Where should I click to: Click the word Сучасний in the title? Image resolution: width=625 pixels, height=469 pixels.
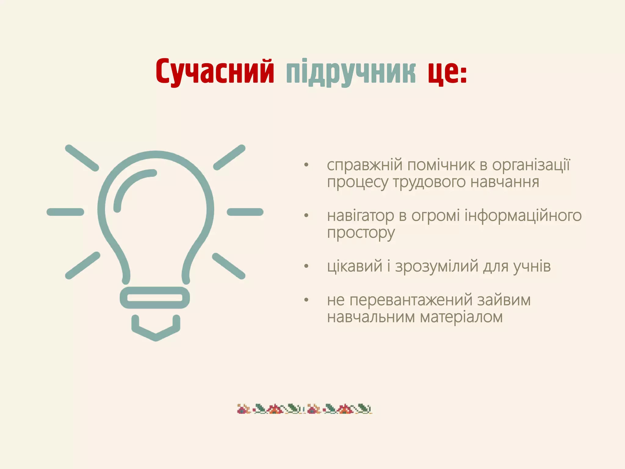215,71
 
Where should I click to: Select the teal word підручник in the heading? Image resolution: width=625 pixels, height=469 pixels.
351,73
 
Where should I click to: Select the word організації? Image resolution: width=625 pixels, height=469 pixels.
531,165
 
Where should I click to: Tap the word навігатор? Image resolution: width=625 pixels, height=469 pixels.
360,216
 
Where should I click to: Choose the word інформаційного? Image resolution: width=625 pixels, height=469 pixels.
523,216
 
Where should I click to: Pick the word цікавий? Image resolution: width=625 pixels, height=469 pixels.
355,266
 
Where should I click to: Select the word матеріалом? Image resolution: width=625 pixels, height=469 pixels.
461,317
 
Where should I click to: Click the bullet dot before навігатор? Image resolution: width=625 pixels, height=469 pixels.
306,216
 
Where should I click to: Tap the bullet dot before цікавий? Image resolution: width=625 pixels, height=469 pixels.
306,267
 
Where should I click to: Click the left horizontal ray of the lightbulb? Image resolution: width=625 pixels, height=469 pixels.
65,212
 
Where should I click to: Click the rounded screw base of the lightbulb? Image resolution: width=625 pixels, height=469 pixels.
155,298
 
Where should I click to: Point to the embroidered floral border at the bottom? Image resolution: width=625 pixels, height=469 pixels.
305,409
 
